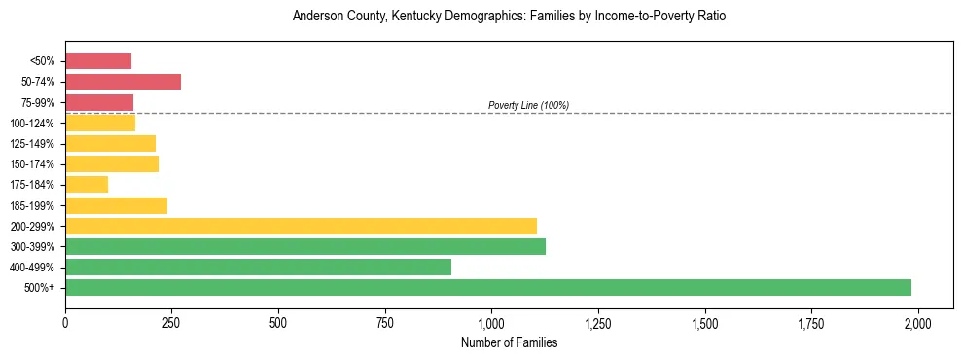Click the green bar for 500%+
click(488, 287)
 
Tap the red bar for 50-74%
click(123, 82)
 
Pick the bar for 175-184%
click(87, 185)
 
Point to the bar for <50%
click(98, 61)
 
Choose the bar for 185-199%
click(116, 205)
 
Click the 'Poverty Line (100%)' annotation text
click(528, 105)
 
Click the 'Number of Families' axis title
click(509, 342)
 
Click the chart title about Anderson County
click(509, 17)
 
